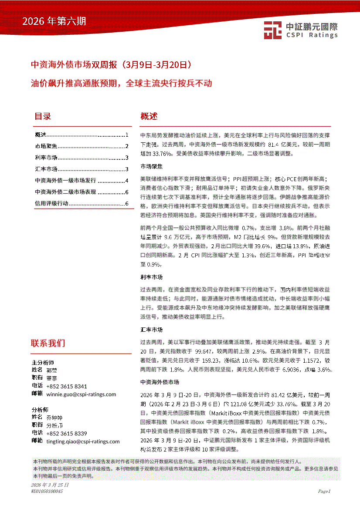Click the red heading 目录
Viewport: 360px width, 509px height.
[43, 116]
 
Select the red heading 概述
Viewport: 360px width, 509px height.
[149, 116]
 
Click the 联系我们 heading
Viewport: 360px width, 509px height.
[48, 343]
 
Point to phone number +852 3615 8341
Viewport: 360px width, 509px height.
[66, 386]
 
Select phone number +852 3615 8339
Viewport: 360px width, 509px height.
[66, 433]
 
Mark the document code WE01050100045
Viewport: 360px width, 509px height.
[47, 491]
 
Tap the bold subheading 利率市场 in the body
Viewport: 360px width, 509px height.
[151, 277]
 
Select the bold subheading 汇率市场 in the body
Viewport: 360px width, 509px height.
[151, 330]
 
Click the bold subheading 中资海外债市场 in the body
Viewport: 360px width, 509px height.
[160, 382]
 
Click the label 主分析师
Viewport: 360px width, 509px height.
[43, 362]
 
